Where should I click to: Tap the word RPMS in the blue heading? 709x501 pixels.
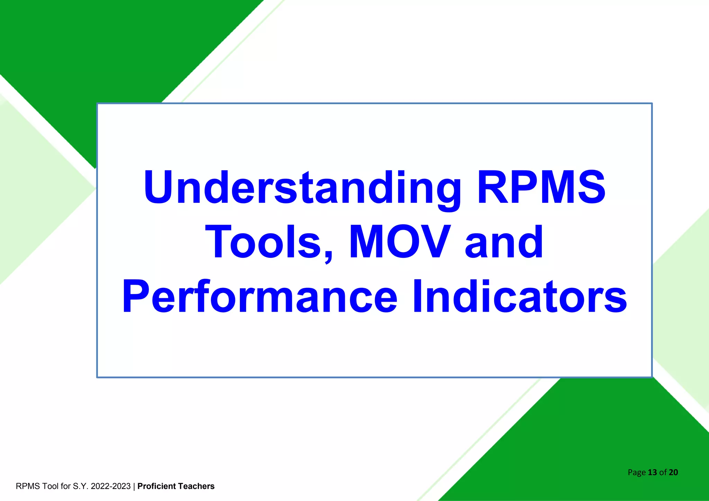[541, 188]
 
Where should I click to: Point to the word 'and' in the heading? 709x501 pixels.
[504, 242]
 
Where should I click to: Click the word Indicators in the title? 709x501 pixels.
[519, 297]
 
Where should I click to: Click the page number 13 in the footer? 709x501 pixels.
[652, 472]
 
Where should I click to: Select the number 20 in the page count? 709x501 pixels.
[673, 472]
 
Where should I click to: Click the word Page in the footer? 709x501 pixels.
[637, 473]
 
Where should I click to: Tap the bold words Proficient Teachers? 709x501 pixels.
[176, 486]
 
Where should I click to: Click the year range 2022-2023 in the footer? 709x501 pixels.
[111, 486]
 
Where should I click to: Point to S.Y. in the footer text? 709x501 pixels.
[81, 486]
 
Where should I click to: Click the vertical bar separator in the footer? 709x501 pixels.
[134, 486]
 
